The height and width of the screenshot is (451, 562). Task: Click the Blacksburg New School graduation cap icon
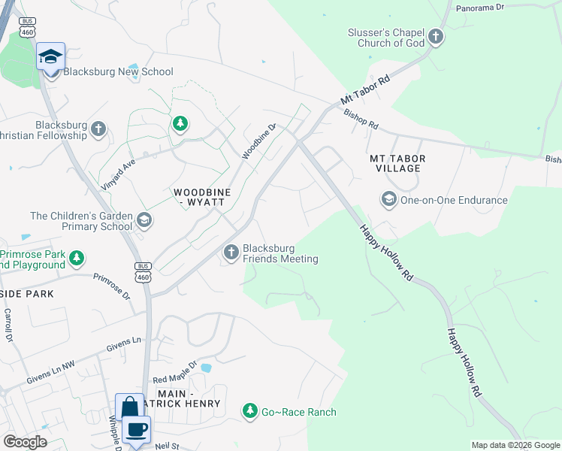[x=51, y=56]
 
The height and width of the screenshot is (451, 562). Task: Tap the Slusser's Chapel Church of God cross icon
[x=435, y=37]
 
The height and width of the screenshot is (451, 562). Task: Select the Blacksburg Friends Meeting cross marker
[x=231, y=253]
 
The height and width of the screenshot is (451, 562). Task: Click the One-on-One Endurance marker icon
[x=388, y=200]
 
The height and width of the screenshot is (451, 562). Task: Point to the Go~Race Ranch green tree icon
[x=249, y=411]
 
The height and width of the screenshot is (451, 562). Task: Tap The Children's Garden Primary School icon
[x=144, y=221]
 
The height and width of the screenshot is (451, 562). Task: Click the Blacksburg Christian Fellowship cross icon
[x=98, y=129]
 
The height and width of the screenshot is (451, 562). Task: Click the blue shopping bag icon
[x=129, y=407]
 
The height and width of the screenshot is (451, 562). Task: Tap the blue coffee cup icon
[x=136, y=429]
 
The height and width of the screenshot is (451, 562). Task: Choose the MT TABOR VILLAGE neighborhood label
[x=397, y=163]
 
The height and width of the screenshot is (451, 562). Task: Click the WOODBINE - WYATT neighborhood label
[x=202, y=198]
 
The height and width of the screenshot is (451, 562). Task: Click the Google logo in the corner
[x=25, y=442]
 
